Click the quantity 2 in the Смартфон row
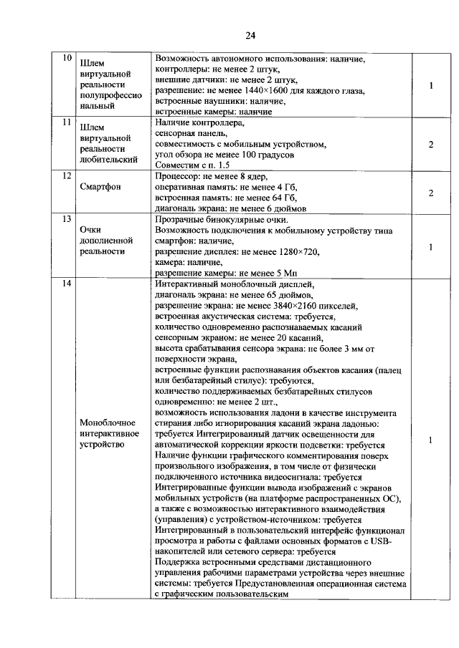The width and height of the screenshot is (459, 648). tap(430, 193)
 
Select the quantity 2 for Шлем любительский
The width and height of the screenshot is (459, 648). tap(430, 144)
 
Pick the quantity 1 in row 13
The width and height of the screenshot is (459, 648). tap(430, 247)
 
